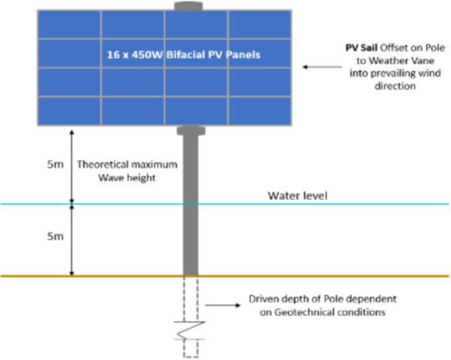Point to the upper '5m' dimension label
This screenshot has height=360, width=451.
45,162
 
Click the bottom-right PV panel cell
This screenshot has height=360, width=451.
259,110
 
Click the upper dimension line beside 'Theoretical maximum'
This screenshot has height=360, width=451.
71,165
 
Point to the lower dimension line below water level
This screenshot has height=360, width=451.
71,239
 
